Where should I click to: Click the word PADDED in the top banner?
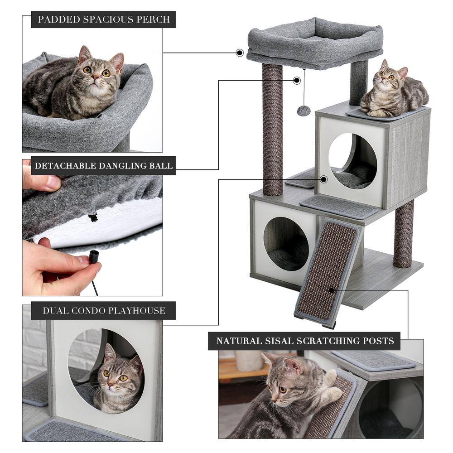(57, 19)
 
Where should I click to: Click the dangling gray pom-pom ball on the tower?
(304, 111)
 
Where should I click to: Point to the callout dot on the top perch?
(240, 53)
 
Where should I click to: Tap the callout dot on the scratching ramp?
(332, 290)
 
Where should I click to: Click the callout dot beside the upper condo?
(323, 179)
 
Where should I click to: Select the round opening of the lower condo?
(286, 243)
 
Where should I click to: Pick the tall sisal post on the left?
(272, 129)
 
